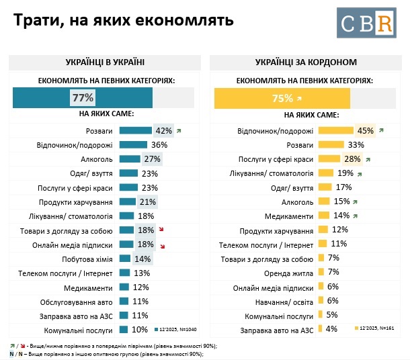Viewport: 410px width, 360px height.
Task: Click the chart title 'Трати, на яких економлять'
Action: click(124, 20)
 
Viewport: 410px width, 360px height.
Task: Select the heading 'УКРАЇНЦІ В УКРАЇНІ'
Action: click(105, 62)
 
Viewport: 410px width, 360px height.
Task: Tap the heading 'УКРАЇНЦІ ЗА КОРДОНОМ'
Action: click(306, 62)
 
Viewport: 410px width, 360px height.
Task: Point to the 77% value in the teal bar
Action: click(83, 97)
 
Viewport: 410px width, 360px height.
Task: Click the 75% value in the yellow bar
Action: click(282, 98)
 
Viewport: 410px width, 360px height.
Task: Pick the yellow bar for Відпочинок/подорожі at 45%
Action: click(335, 130)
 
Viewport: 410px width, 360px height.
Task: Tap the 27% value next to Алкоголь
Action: click(151, 159)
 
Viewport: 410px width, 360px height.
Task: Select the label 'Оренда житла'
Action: click(291, 273)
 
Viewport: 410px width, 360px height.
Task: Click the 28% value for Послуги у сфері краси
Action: click(351, 159)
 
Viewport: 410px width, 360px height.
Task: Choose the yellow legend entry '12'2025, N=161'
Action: click(377, 328)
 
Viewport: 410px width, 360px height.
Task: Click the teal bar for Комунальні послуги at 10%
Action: click(124, 330)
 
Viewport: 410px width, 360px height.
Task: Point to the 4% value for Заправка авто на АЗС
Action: click(331, 329)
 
